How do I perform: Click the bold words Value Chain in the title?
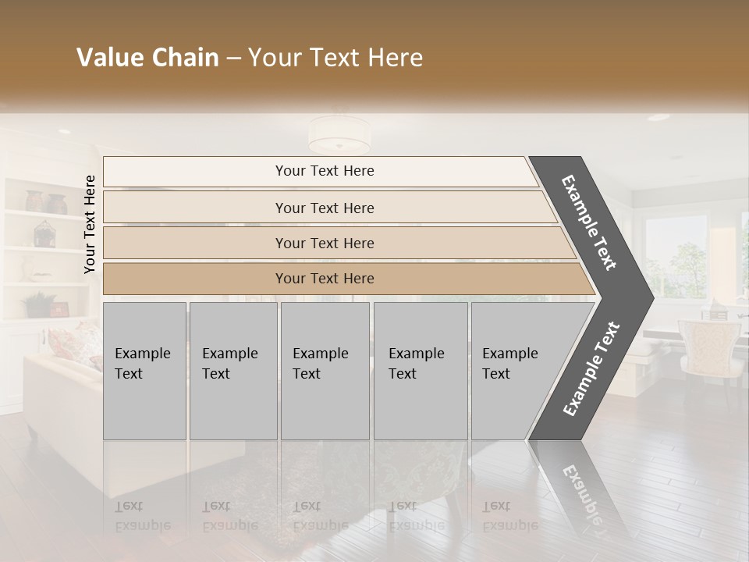coord(147,58)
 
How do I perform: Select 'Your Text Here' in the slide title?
coord(335,58)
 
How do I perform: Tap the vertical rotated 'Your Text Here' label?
coord(90,224)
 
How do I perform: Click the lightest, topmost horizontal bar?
coord(324,171)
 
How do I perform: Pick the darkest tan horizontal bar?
coord(324,279)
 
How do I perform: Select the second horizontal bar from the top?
coord(324,208)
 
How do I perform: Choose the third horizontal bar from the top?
coord(324,243)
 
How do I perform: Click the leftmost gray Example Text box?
coord(144,370)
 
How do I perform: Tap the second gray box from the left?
coord(233,370)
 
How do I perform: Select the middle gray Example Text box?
coord(325,370)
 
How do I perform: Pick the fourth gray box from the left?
coord(420,370)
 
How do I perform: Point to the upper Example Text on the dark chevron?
coord(589,222)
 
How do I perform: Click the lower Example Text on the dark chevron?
coord(591,369)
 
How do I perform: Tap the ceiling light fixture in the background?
coord(339,136)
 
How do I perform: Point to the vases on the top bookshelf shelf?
coord(45,201)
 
